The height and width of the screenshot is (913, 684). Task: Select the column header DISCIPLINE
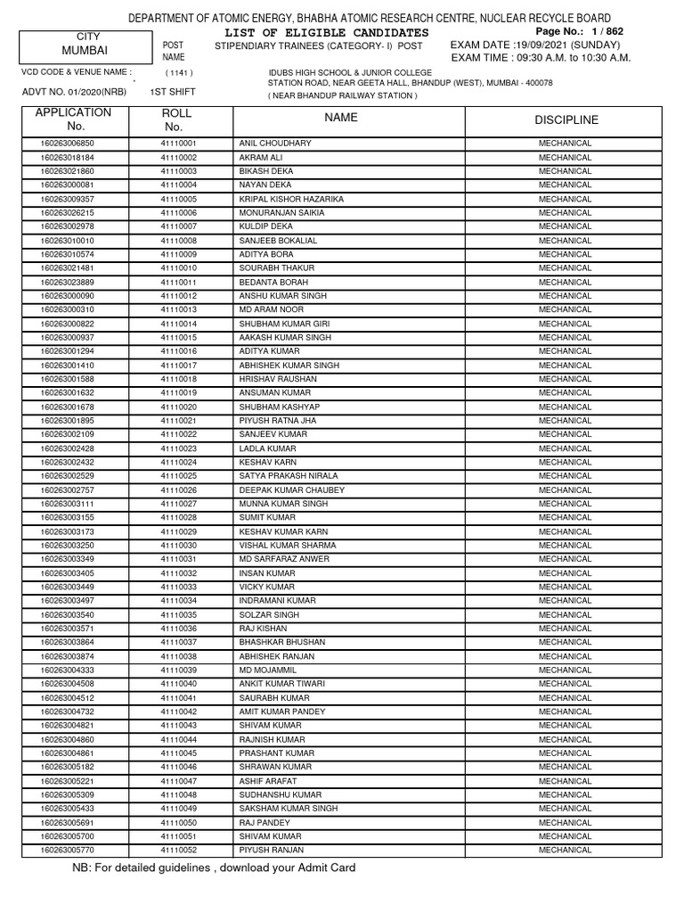point(566,120)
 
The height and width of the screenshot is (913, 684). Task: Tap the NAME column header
point(341,118)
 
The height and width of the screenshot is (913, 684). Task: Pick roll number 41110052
point(178,851)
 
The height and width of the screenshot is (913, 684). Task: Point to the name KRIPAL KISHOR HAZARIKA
point(290,199)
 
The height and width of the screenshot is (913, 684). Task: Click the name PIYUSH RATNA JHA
point(278,421)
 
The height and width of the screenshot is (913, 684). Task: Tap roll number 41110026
point(178,490)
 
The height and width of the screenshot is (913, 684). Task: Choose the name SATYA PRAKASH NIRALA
point(288,476)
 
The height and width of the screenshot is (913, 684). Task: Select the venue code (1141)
point(178,73)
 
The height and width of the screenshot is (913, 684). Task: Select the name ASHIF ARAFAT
point(268,781)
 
